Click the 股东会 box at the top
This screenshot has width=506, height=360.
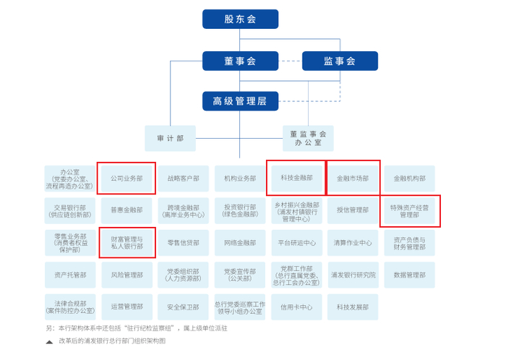point(240,20)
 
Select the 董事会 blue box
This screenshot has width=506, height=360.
point(240,61)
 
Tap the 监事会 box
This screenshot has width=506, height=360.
point(340,61)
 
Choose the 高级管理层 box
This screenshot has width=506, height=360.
point(240,101)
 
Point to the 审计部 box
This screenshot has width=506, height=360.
point(170,138)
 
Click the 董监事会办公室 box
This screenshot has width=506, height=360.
point(308,138)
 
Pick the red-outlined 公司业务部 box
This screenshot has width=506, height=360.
point(126,178)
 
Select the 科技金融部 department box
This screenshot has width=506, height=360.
point(296,177)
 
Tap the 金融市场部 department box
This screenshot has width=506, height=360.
point(353,178)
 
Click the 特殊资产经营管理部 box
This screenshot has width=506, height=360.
point(410,210)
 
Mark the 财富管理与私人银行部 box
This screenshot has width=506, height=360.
point(126,243)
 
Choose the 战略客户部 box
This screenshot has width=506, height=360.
point(183,179)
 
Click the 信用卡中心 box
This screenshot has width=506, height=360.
point(296,307)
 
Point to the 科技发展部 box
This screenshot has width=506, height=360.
point(353,307)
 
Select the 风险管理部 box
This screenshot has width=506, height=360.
point(126,275)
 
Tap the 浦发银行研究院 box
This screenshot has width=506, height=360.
point(353,275)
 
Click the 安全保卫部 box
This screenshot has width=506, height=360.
point(183,307)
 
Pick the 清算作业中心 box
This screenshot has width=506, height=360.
point(353,243)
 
